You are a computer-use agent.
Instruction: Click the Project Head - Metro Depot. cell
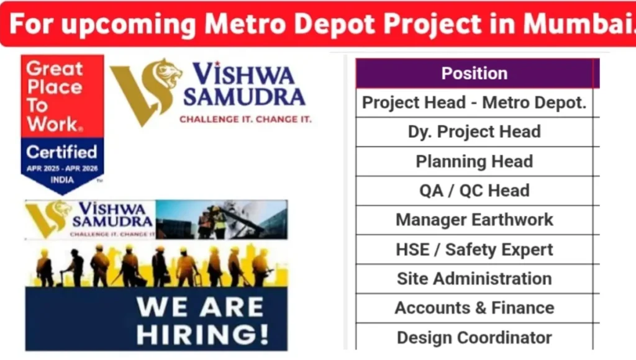(x=475, y=102)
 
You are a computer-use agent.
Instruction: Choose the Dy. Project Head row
(x=475, y=132)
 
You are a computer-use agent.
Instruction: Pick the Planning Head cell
(x=475, y=161)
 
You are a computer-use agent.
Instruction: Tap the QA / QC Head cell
(x=475, y=191)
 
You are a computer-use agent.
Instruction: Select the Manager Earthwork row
(x=475, y=220)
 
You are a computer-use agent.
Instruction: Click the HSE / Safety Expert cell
(x=475, y=250)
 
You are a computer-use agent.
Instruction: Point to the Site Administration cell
(x=475, y=279)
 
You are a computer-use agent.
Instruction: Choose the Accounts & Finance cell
(x=475, y=308)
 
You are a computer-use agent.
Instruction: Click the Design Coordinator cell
(x=475, y=338)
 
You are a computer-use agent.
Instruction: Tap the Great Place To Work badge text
(x=55, y=96)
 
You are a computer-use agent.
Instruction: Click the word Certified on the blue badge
(x=61, y=151)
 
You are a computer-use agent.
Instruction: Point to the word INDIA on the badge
(x=61, y=180)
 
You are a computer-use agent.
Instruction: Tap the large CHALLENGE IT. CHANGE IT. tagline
(x=245, y=119)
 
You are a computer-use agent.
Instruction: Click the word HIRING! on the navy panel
(x=202, y=334)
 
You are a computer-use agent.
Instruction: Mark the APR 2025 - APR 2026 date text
(x=61, y=168)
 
